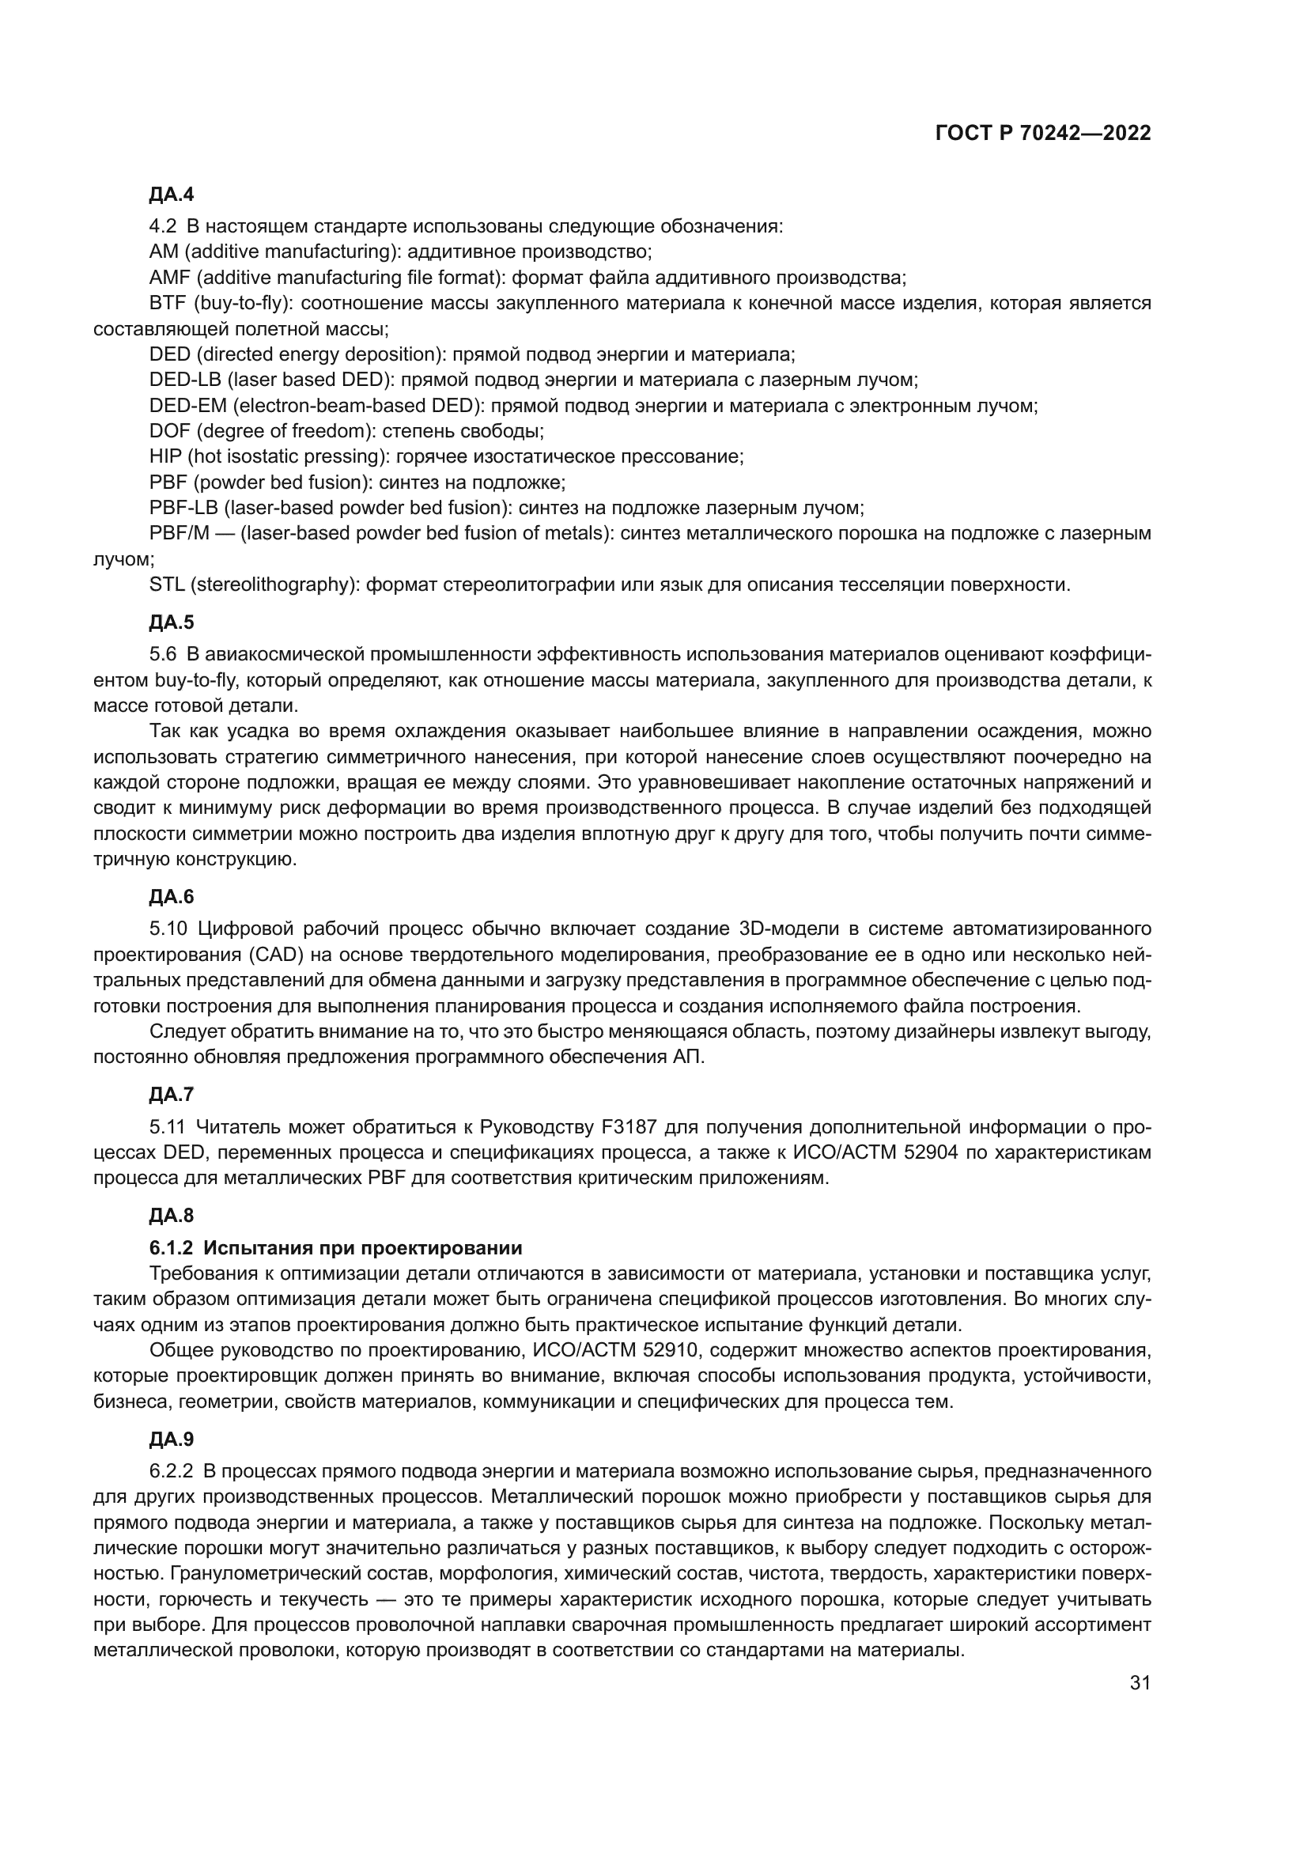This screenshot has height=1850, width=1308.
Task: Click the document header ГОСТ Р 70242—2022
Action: coord(1043,134)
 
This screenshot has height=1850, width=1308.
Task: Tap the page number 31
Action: coord(1140,1682)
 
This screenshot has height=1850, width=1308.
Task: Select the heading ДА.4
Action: coord(172,195)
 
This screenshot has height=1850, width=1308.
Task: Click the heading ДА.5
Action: coord(172,622)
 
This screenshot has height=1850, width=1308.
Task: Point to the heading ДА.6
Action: coord(172,897)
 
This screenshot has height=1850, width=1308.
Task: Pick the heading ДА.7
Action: coord(172,1094)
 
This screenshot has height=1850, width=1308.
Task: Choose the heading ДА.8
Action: coord(172,1215)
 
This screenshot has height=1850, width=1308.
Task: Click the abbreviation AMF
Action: coord(169,278)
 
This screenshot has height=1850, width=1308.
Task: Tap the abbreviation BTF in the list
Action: coord(168,304)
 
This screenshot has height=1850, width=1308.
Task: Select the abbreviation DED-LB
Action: coord(184,380)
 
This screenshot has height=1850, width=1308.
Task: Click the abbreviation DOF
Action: coord(168,431)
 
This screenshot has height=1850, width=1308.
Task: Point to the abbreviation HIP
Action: coord(165,457)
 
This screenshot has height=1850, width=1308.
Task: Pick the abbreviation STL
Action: coord(167,585)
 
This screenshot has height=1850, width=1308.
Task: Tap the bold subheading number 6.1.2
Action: coord(171,1248)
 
